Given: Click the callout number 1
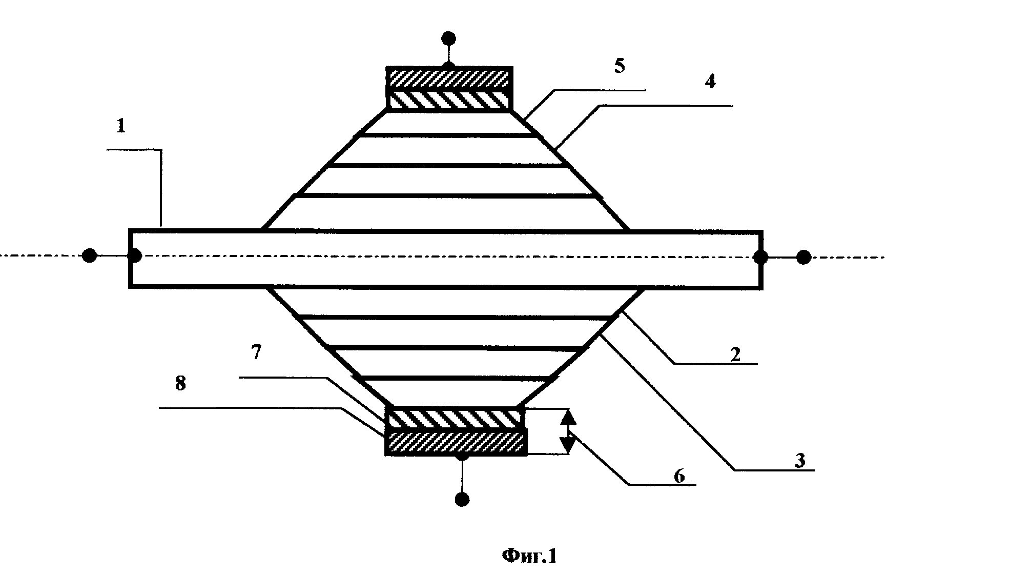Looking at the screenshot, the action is tap(121, 126).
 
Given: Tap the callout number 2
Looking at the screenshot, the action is tap(735, 354).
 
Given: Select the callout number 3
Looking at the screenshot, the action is tap(800, 460).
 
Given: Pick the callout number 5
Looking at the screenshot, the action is tap(620, 67).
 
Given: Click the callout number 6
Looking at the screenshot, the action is tap(678, 476).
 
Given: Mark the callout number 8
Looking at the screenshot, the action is tap(180, 383).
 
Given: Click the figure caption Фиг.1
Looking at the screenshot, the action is tap(529, 556).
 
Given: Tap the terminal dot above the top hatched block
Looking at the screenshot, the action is tap(449, 38).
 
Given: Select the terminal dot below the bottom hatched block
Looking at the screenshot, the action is tap(462, 499).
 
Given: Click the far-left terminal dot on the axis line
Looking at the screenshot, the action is tap(90, 255).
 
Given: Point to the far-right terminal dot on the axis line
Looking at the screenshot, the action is tap(803, 257).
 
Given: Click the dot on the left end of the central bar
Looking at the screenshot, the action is tap(135, 255).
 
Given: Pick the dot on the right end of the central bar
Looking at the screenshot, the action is tap(760, 257).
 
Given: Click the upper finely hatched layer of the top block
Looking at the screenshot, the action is tap(449, 78).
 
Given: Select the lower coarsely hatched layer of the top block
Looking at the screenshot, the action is tap(449, 100).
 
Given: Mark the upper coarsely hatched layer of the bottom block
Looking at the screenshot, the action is tap(456, 419).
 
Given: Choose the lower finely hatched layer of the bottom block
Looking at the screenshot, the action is tap(456, 442).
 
